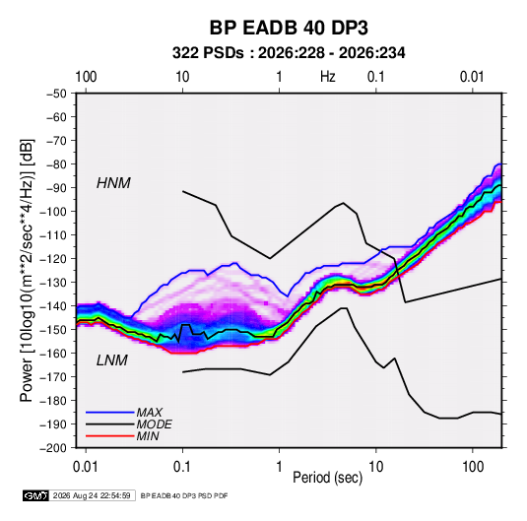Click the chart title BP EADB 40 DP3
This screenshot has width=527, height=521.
[x=289, y=28]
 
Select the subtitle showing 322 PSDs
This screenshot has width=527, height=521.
[x=289, y=53]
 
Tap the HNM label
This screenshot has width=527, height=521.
[x=113, y=183]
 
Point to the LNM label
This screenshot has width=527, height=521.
[x=112, y=360]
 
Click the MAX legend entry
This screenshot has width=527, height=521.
[x=149, y=413]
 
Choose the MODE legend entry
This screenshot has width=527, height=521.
[x=154, y=424]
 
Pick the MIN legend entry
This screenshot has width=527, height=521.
[x=148, y=436]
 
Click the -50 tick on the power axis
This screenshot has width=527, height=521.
[x=56, y=94]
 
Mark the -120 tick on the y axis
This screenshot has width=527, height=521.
[x=53, y=259]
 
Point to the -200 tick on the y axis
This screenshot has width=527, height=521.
[x=53, y=448]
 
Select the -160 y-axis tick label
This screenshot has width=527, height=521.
[x=53, y=354]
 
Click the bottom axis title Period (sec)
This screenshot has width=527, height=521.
[x=328, y=478]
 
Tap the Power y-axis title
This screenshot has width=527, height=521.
[x=27, y=271]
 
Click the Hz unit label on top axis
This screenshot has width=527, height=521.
[x=328, y=77]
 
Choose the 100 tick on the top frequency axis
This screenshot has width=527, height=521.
[x=86, y=77]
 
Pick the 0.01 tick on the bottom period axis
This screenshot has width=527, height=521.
[x=86, y=467]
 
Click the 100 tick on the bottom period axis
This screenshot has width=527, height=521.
[x=473, y=467]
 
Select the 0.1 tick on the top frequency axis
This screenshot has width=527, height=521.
[x=375, y=77]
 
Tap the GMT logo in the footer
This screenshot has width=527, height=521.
[x=36, y=495]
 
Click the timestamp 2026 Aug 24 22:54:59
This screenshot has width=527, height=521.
[x=92, y=495]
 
